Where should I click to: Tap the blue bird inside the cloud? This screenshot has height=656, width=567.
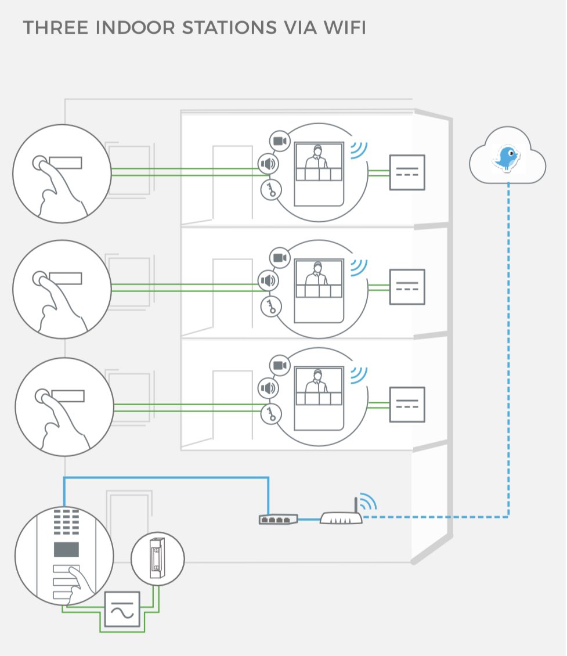(x=507, y=157)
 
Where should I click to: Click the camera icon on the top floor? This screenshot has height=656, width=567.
(x=280, y=141)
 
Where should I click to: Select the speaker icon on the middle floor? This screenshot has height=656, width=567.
(x=268, y=281)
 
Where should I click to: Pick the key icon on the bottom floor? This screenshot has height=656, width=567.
(x=270, y=413)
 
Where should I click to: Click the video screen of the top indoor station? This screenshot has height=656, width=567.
(x=319, y=164)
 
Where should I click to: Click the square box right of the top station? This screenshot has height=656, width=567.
(x=407, y=172)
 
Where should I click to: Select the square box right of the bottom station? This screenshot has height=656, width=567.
(x=407, y=405)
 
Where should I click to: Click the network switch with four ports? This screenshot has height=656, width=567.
(x=278, y=519)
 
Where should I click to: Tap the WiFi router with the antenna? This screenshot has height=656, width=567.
(x=341, y=518)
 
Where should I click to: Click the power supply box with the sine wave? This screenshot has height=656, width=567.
(x=122, y=609)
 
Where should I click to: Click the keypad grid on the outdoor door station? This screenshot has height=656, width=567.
(x=68, y=522)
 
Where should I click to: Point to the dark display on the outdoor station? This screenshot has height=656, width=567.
(x=68, y=549)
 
